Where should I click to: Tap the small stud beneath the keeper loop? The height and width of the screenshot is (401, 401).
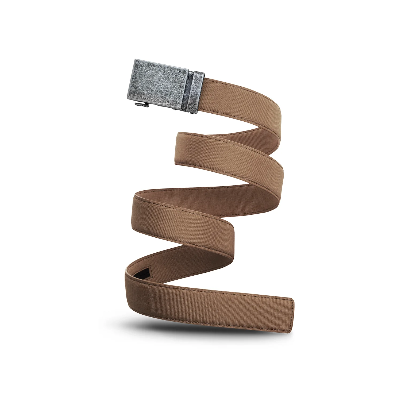click(x=192, y=114)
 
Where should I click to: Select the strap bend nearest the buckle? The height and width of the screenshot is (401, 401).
click(x=278, y=118)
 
